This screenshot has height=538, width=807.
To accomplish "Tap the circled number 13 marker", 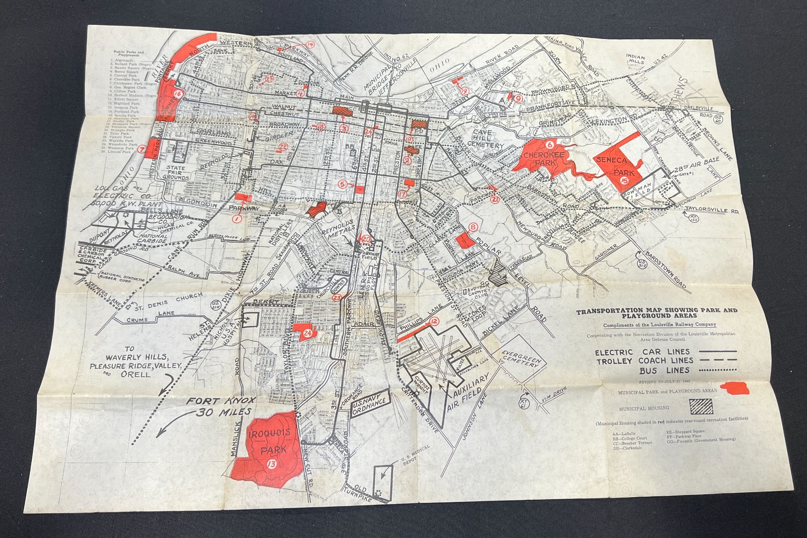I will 272,464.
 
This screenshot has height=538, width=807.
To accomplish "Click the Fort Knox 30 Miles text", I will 220,406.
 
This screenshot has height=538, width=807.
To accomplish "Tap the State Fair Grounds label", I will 176,173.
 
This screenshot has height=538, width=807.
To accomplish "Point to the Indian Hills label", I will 636,60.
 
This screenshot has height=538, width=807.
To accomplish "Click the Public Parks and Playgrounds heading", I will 129,54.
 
